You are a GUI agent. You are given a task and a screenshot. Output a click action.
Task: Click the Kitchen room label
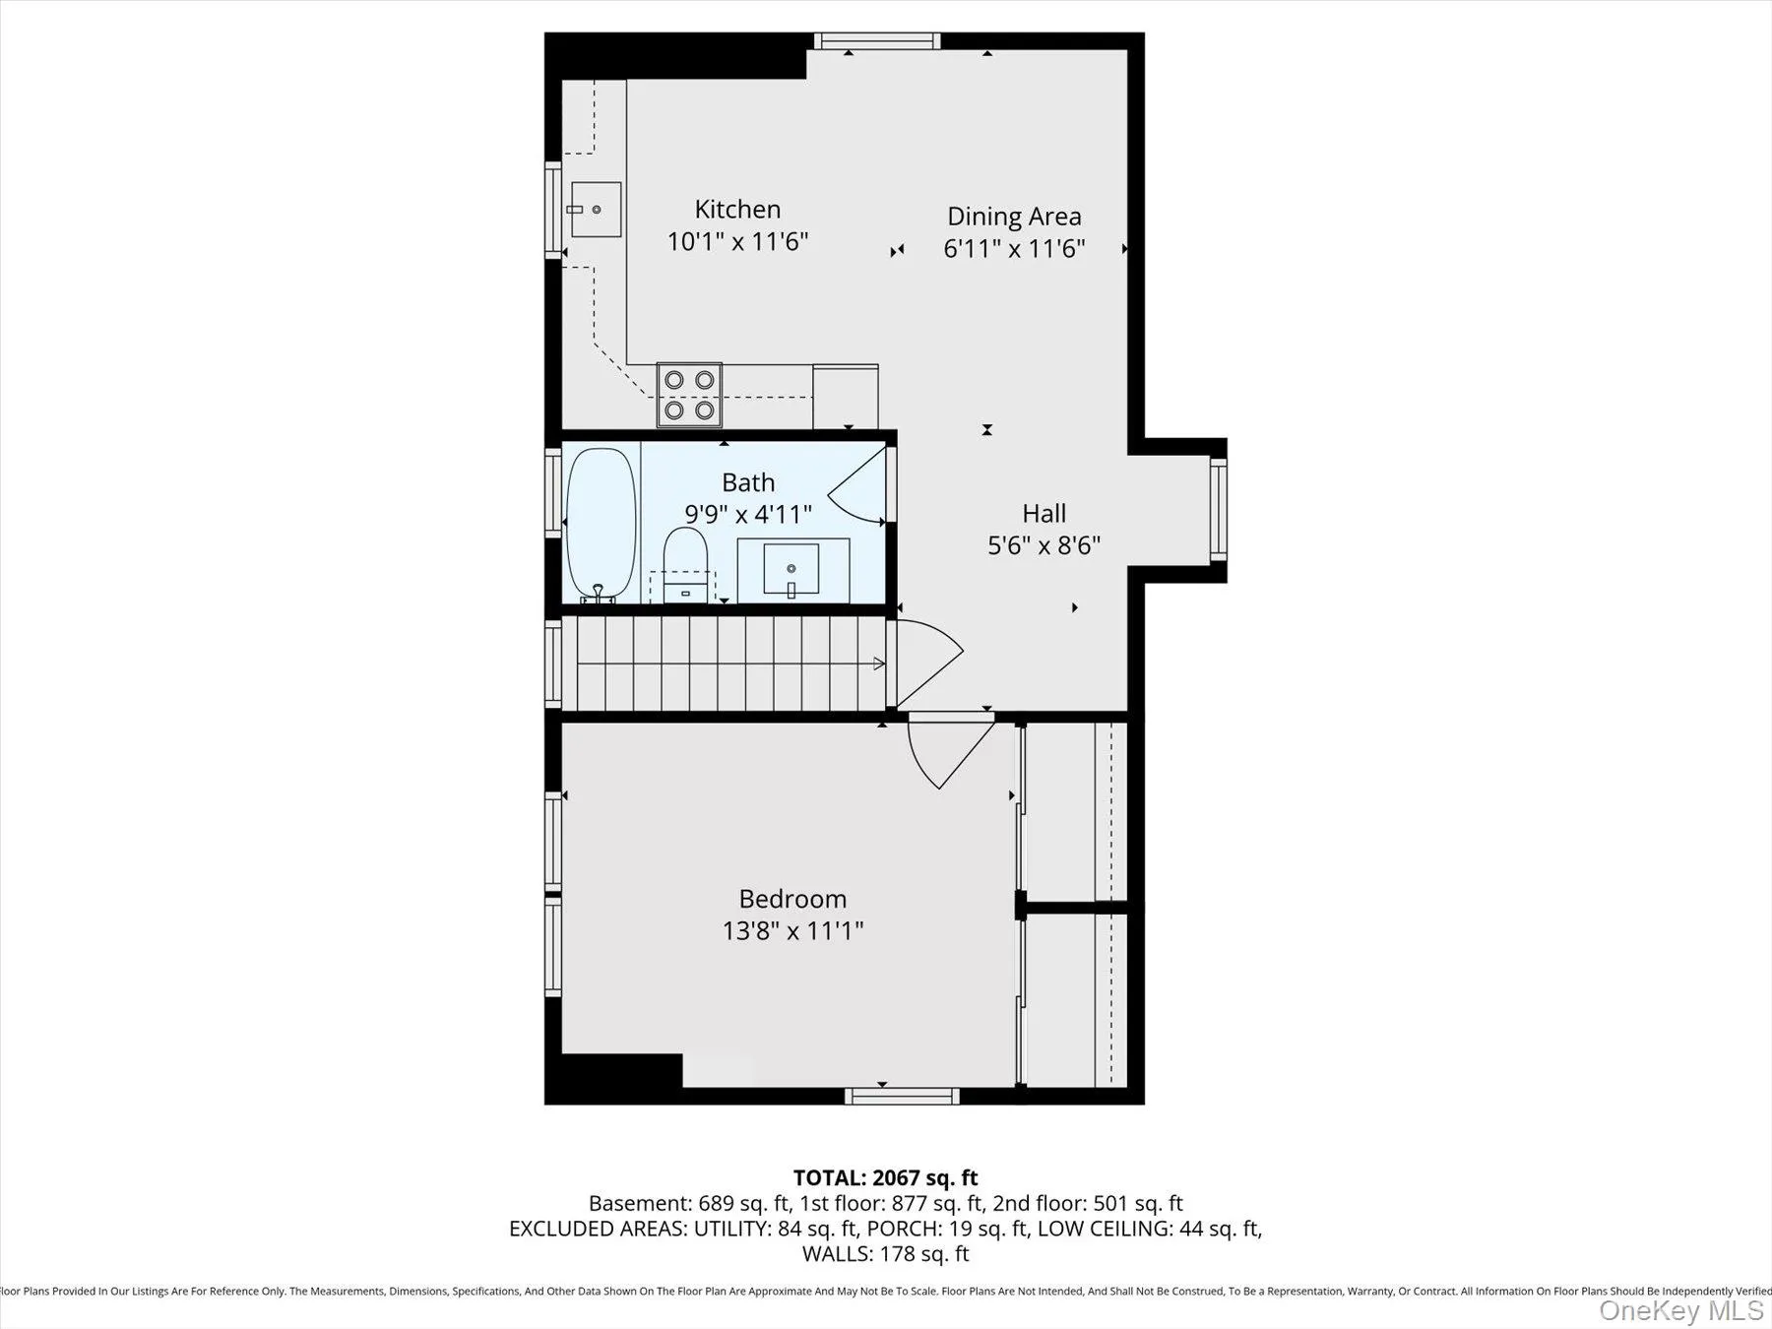(737, 209)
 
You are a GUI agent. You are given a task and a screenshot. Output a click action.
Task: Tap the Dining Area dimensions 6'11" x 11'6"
(1014, 248)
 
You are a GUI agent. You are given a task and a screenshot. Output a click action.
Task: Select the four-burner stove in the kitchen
(689, 395)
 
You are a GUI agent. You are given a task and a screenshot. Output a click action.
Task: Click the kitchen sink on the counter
(596, 210)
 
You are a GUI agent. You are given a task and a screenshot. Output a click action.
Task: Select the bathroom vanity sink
(791, 569)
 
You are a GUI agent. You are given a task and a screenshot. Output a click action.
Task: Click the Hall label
(1044, 513)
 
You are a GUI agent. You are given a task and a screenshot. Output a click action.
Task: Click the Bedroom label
(792, 899)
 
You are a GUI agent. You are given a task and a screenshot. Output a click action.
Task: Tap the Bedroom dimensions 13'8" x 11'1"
(792, 930)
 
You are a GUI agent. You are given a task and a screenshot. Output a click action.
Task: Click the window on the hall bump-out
(1219, 509)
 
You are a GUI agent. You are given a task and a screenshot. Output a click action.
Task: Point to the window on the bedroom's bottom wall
(902, 1096)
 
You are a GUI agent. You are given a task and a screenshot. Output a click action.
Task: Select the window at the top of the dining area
(876, 40)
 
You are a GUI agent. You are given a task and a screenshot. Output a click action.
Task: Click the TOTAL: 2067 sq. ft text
(885, 1177)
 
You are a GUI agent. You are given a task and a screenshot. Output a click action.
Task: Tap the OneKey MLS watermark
(1680, 1310)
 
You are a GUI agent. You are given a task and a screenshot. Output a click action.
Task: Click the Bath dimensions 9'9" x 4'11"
(748, 514)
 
